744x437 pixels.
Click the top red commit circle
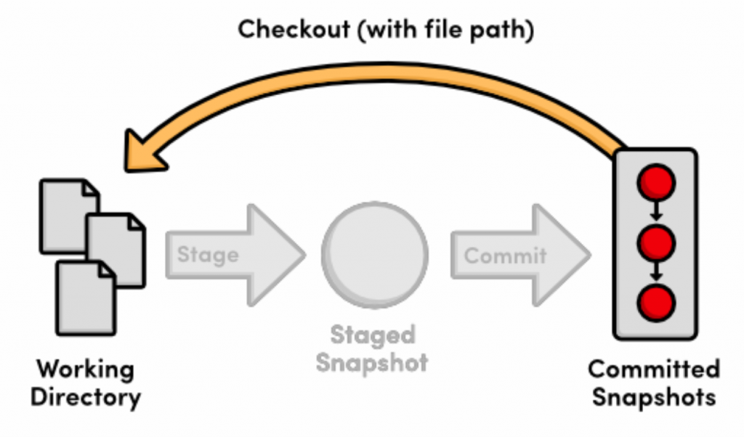pyautogui.click(x=656, y=181)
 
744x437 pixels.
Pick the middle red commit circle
pyautogui.click(x=656, y=242)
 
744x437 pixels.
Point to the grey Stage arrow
pyautogui.click(x=232, y=255)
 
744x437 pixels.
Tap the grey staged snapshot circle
pyautogui.click(x=374, y=251)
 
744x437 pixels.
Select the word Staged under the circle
pyautogui.click(x=373, y=335)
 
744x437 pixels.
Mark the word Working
pyautogui.click(x=86, y=369)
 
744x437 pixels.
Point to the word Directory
pyautogui.click(x=86, y=397)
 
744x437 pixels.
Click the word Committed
pyautogui.click(x=653, y=369)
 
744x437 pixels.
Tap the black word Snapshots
pyautogui.click(x=653, y=397)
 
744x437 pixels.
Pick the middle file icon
pyautogui.click(x=116, y=247)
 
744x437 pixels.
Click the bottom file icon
pyautogui.click(x=86, y=298)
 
